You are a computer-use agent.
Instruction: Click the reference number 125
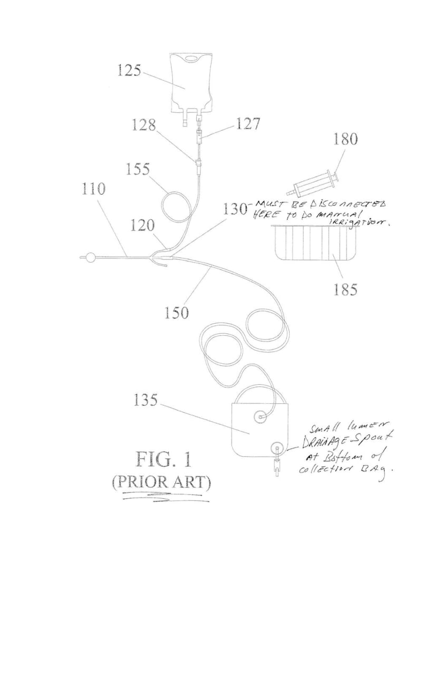129,71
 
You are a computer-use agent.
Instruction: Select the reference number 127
247,124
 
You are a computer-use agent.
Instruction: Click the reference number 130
236,209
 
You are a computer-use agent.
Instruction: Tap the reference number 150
176,312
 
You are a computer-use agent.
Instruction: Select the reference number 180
345,140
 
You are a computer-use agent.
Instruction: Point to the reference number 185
345,289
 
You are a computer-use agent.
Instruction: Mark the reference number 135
145,400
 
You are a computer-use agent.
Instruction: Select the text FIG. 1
164,459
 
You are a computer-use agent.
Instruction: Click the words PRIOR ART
161,482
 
